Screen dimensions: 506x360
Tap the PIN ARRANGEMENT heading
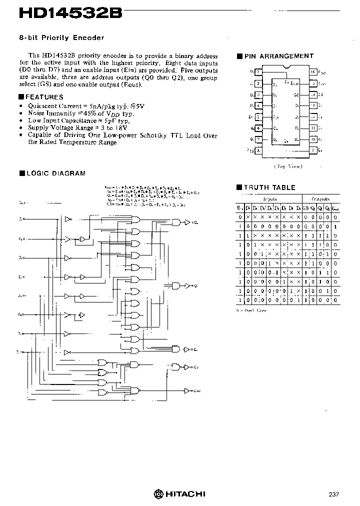point(278,56)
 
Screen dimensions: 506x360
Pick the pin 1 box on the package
point(258,71)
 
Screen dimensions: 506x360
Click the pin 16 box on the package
point(313,71)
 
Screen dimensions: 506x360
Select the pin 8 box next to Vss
point(258,150)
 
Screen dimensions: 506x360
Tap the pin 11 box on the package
point(313,128)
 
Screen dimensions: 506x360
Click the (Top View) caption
point(287,166)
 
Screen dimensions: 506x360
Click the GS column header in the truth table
point(305,207)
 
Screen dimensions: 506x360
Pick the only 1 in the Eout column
point(335,226)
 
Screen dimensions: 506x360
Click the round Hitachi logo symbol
point(158,493)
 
